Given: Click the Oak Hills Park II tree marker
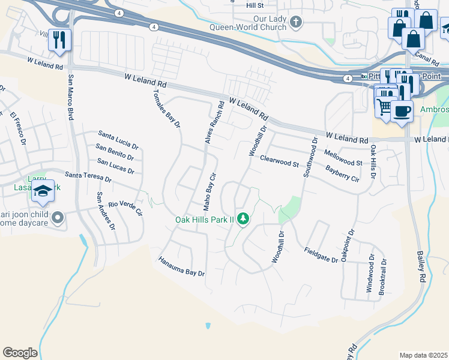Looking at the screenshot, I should (x=244, y=219).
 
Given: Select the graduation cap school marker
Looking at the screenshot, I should (x=43, y=191).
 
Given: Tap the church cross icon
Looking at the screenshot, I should (x=295, y=23).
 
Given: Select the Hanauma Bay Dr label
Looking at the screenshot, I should (x=181, y=267).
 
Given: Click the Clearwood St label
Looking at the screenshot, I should (x=279, y=161).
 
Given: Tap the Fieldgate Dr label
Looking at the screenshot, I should (x=321, y=255).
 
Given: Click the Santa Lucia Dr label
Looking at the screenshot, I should (x=119, y=140).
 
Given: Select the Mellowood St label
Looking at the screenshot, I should (x=343, y=158).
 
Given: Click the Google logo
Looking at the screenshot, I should (x=20, y=353).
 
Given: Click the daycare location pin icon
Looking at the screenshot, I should (x=58, y=217).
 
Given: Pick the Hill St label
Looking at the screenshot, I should (x=255, y=5).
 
